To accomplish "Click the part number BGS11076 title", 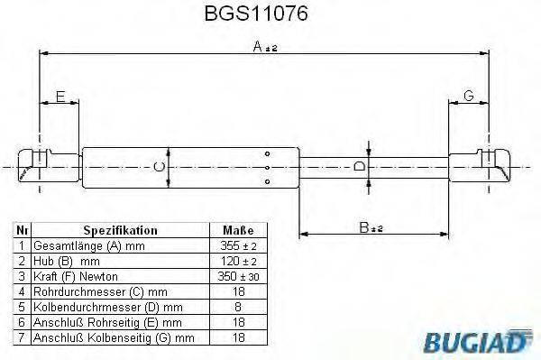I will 270,14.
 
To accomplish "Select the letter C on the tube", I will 160,166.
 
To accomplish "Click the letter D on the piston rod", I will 359,167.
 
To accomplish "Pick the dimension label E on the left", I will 60,97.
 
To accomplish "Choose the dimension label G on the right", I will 469,97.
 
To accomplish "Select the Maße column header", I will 237,231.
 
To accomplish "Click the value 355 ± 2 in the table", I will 237,245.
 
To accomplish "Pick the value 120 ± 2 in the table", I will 237,261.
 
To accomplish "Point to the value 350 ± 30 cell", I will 237,275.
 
